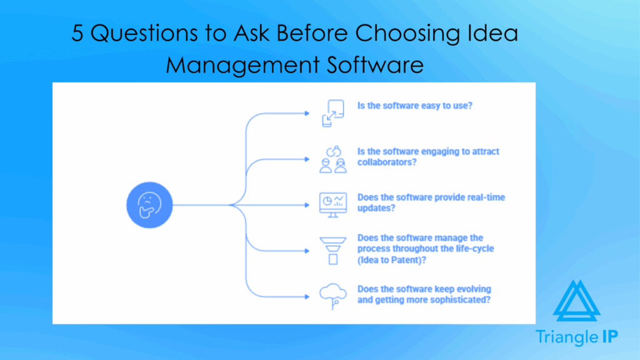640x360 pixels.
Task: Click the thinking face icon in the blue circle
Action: pyautogui.click(x=149, y=204)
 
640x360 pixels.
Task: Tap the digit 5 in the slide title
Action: pyautogui.click(x=77, y=33)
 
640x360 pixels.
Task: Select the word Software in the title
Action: pyautogui.click(x=373, y=64)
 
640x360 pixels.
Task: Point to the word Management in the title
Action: pyautogui.click(x=241, y=65)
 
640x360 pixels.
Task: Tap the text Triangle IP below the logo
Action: pyautogui.click(x=577, y=337)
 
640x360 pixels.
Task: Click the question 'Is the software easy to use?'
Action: pyautogui.click(x=414, y=106)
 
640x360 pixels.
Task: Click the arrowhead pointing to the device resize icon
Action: pyautogui.click(x=306, y=113)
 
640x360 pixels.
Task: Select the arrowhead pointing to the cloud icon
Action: pyautogui.click(x=306, y=294)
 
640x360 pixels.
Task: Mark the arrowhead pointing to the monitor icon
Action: pyautogui.click(x=306, y=204)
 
